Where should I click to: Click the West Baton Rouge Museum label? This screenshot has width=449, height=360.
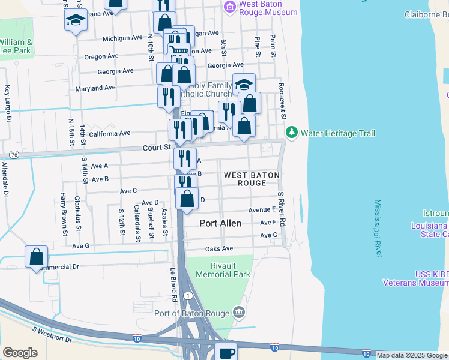pos(268,8)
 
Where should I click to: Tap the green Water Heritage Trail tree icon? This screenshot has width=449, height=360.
pos(292,132)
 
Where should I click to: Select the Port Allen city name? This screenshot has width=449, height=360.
pos(220,223)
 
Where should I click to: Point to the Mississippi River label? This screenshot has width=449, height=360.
pos(378,229)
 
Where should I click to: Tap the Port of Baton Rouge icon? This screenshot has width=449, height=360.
pos(239,312)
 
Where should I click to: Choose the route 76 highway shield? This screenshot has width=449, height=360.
pos(14,155)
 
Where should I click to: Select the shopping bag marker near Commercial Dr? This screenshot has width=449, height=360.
pos(36,256)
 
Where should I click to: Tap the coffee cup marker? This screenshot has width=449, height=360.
pos(226,352)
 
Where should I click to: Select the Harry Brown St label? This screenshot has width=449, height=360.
pos(63,208)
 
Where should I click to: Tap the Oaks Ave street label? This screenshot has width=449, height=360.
pos(218,248)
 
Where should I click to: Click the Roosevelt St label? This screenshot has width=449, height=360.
pos(282,101)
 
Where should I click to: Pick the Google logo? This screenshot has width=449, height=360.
pos(20,353)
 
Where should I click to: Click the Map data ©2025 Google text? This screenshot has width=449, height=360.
pos(412,355)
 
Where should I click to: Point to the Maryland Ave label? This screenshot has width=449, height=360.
pos(95,88)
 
